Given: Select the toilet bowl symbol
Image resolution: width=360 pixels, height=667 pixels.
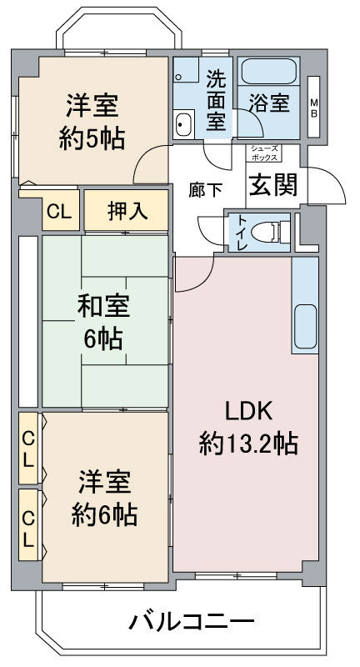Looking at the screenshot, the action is click(265, 233).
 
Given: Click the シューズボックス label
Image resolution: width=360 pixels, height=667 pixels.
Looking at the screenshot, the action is click(264, 153).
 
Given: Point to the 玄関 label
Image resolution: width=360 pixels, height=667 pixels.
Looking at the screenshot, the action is click(272, 184).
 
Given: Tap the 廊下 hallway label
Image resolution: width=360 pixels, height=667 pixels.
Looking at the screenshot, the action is click(205, 190).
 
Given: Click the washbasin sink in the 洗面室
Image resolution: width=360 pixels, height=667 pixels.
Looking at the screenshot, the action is click(184, 123).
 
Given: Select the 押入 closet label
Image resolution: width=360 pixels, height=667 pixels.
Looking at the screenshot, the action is click(127, 211).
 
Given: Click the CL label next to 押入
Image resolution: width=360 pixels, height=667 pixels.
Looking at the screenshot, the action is click(58, 212).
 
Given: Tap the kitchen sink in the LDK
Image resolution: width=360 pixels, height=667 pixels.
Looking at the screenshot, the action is click(305, 326).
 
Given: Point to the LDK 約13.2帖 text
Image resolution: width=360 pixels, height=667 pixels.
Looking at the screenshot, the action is click(248, 428).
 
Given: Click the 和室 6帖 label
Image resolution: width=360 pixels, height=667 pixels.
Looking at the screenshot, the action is click(103, 323).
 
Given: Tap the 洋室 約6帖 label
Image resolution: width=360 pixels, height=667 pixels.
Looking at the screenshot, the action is click(104, 499).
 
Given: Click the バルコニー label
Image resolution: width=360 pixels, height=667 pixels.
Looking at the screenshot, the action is click(192, 621).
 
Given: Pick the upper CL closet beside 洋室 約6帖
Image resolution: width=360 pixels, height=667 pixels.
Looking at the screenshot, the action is click(28, 448).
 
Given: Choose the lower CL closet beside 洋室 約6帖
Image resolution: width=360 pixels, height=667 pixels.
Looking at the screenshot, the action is click(28, 524).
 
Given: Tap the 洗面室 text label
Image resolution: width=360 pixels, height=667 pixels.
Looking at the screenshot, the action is click(217, 99).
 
